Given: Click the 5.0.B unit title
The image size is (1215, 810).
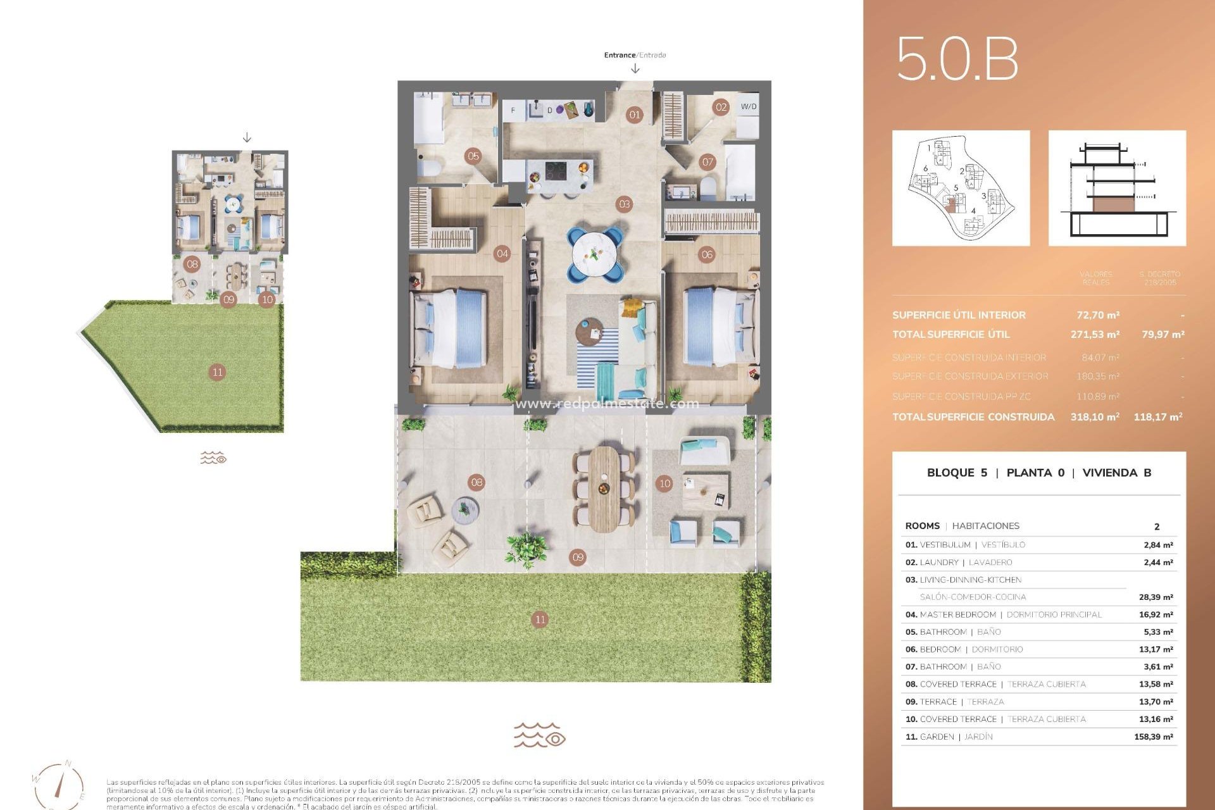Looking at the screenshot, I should point(957,59).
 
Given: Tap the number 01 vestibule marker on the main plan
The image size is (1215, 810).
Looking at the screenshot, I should point(634,115).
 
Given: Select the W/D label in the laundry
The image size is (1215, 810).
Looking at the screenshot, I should point(748,106).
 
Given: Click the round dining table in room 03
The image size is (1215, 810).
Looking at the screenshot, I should point(594,254).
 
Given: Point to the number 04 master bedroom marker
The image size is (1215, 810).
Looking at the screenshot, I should point(502,254).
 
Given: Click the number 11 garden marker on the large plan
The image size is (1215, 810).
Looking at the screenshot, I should point(539,620).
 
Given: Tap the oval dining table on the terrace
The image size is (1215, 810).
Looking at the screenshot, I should point(604,489).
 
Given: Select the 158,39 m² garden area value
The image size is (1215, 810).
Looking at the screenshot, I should point(1154,737).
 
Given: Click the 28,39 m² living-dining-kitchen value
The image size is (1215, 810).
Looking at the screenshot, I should point(1156,597).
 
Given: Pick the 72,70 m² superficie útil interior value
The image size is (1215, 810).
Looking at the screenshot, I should point(1098,315).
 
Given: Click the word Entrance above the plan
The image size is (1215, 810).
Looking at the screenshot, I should point(619,55).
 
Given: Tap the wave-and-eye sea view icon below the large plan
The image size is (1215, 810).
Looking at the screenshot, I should point(539,735).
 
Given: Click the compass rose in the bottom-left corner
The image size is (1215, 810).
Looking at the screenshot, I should point(59,785).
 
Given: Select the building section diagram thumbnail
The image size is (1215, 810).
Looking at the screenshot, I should point(1117,189).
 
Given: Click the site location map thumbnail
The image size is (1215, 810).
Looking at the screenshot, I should point(961,189).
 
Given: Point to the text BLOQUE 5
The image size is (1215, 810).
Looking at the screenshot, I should point(956,473).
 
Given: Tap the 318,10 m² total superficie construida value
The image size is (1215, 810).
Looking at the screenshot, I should point(1095,416).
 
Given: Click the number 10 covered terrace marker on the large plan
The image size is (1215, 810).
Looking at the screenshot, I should point(664,483).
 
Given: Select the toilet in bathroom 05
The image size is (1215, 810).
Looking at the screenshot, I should point(431,168).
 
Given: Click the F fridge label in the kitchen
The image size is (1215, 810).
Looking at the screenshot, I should point(513,110).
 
